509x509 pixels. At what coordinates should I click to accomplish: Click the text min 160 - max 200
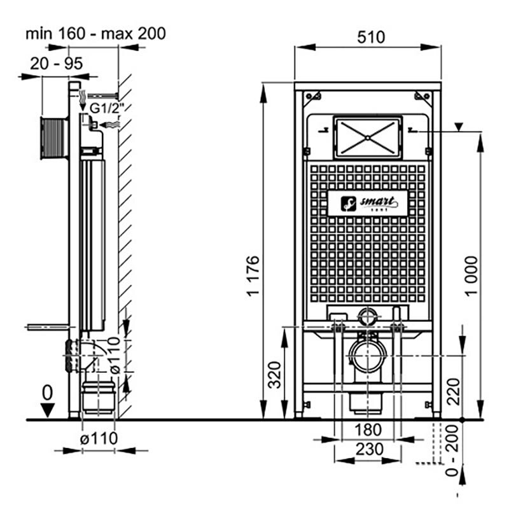point(95,33)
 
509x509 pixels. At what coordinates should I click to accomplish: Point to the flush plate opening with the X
point(368,137)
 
